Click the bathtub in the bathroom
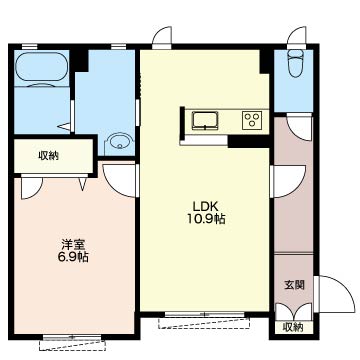(41, 67)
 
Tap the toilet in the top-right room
(296, 63)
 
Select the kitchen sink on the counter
(205, 120)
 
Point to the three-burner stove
(252, 120)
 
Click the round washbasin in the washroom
(119, 142)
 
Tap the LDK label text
(205, 207)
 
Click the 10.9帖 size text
(205, 219)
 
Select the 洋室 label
(74, 245)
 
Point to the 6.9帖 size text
(74, 257)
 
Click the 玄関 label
(294, 285)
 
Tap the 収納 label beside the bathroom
(49, 155)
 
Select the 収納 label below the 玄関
(293, 327)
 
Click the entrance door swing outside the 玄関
(334, 294)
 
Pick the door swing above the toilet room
(297, 35)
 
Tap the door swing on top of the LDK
(162, 35)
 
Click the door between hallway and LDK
(288, 182)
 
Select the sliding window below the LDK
(205, 314)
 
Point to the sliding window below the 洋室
(72, 338)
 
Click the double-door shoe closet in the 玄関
(294, 312)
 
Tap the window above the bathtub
(29, 46)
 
